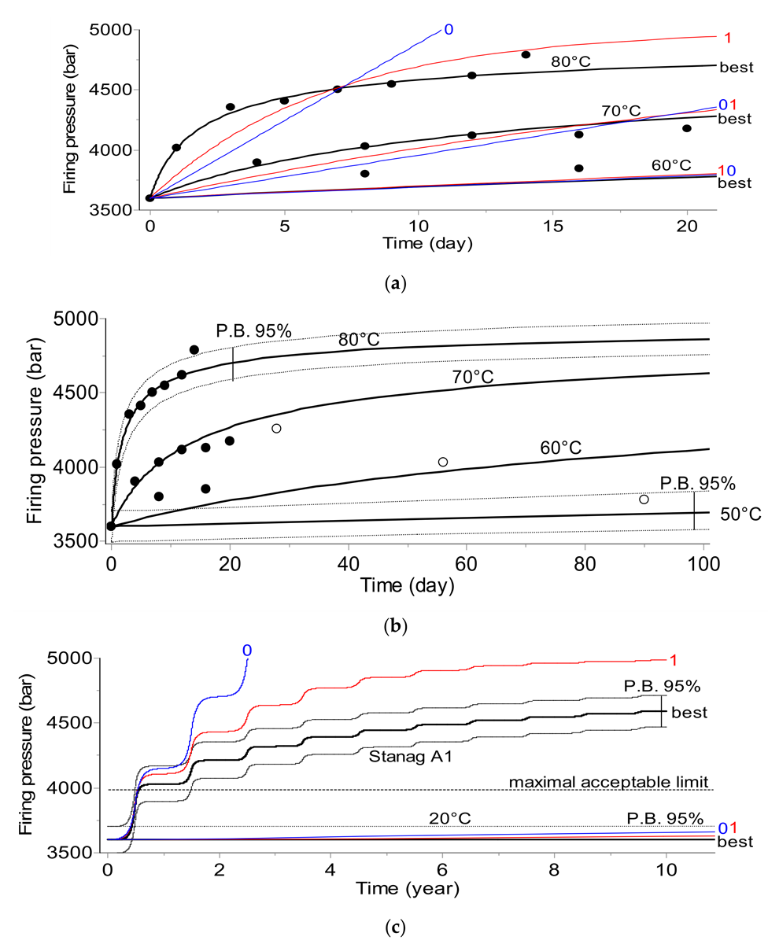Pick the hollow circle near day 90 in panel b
coord(644,500)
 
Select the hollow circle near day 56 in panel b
coord(443,462)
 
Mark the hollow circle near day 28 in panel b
coord(276,428)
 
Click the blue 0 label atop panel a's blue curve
coord(449,30)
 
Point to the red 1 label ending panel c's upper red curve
coord(673,659)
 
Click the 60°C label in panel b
coord(560,447)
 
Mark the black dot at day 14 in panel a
coord(526,54)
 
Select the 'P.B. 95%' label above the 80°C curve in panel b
coord(254,331)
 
